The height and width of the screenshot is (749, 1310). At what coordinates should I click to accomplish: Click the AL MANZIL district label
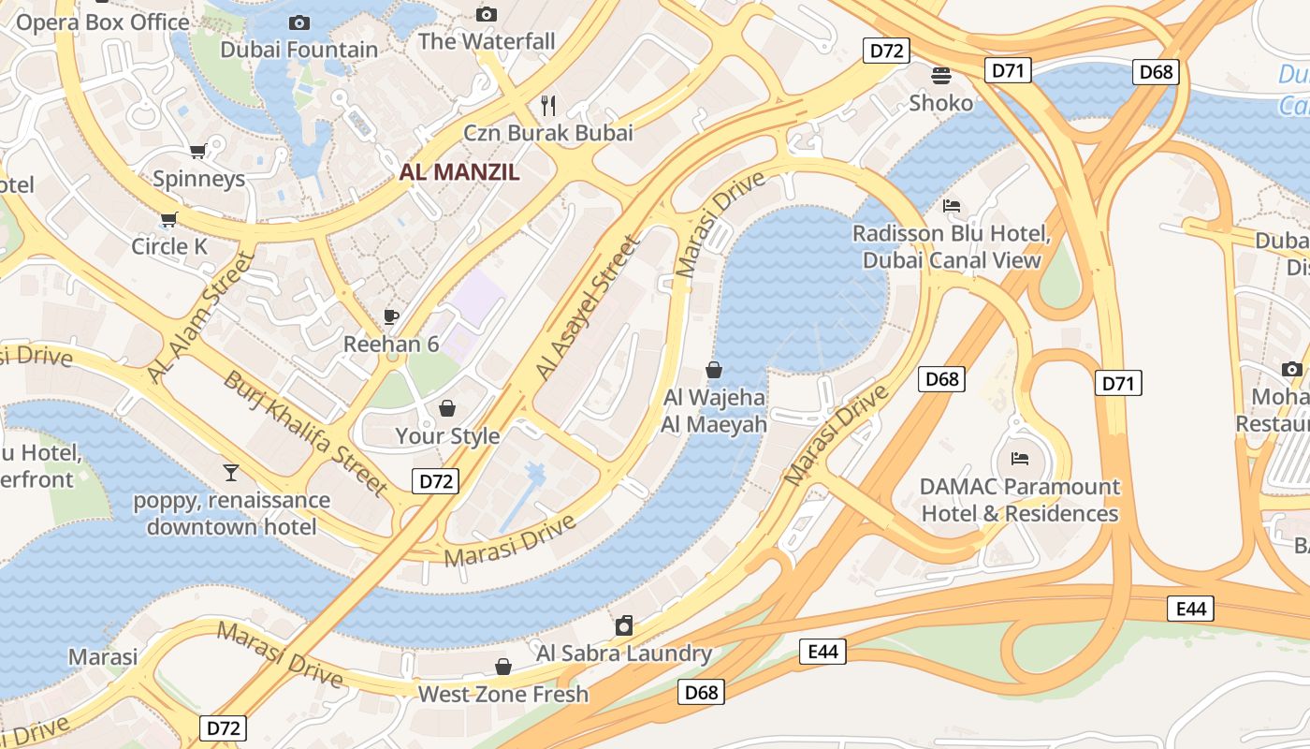click(458, 172)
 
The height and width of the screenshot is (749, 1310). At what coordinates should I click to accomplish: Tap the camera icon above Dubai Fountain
click(299, 22)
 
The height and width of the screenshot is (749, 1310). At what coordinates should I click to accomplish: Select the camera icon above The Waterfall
click(486, 14)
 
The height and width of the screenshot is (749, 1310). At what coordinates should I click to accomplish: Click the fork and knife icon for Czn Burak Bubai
click(549, 105)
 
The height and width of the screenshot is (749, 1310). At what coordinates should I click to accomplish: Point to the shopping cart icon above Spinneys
click(198, 151)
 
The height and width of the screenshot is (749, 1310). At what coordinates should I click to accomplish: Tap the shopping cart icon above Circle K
click(168, 219)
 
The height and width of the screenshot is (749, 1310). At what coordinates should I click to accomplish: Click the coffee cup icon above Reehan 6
click(391, 316)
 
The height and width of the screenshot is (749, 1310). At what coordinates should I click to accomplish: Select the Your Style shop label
click(447, 436)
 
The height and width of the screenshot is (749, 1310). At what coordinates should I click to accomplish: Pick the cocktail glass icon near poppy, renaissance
click(230, 472)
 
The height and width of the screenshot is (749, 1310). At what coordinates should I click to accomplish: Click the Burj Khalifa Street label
click(305, 433)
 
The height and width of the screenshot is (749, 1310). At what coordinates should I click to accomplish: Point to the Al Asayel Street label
click(589, 308)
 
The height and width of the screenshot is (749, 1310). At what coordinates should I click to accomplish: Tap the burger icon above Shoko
click(940, 75)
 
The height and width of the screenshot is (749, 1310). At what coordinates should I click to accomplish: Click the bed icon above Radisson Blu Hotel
click(952, 205)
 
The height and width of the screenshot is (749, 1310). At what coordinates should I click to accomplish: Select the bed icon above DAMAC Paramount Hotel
click(1020, 459)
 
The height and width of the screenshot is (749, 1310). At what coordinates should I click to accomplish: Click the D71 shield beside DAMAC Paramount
click(1118, 382)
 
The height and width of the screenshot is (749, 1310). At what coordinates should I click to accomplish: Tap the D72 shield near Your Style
click(435, 481)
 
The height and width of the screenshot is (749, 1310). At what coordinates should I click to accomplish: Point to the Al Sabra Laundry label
click(624, 653)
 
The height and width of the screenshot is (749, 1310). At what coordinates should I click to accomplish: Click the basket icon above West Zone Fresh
click(503, 667)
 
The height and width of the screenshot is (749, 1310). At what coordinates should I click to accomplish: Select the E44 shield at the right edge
click(1191, 609)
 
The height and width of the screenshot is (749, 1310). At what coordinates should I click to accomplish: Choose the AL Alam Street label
click(200, 317)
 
